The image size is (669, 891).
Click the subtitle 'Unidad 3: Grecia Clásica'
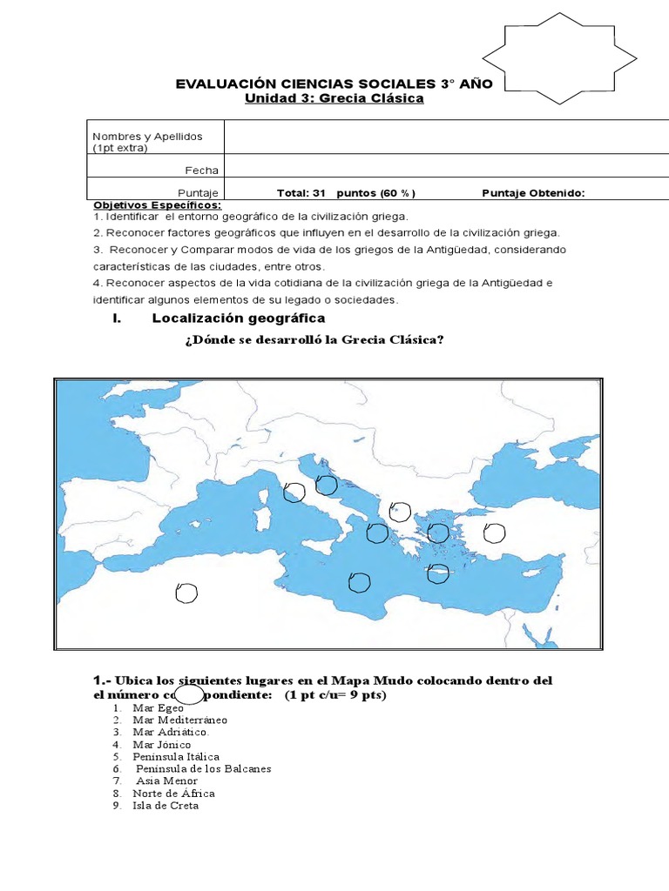pos(334,98)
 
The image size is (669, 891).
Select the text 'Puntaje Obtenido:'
pos(533,193)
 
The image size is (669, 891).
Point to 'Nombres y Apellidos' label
pos(147,137)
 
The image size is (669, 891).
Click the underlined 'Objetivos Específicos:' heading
pos(157,204)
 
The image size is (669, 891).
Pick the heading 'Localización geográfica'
pos(226,318)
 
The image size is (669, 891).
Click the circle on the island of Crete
pos(438,573)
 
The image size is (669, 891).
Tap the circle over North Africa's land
pos(186,593)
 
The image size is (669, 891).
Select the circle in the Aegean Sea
pos(438,533)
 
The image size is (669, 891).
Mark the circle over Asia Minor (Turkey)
pos(494,532)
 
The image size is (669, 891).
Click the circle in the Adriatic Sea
pos(326,485)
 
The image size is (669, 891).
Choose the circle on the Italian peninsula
pos(294,492)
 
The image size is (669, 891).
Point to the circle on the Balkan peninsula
pos(400,511)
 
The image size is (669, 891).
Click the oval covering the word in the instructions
pos(196,696)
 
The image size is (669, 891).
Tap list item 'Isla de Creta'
pos(166,806)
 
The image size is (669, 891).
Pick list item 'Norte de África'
pos(173,794)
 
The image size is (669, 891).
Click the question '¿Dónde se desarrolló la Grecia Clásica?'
pos(314,339)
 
